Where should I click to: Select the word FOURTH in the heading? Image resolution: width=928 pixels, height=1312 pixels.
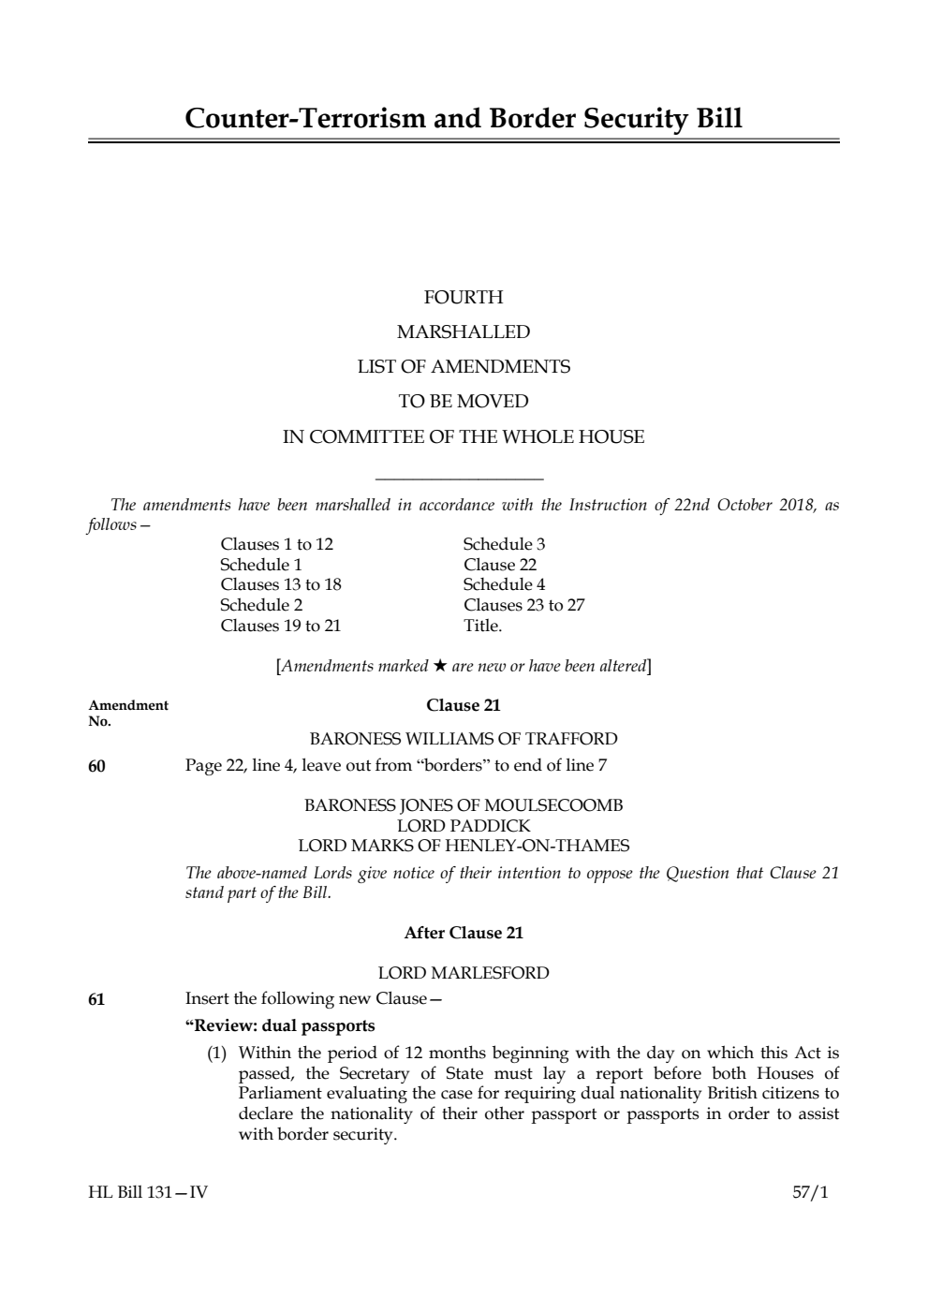[464, 298]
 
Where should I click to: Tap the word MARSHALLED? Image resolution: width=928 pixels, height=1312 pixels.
[464, 332]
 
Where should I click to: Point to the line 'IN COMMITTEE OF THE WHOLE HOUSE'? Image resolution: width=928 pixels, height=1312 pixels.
[464, 437]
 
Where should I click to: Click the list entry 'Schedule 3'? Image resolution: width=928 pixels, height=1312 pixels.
[504, 544]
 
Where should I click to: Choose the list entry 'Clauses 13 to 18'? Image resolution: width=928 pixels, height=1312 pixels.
[280, 584]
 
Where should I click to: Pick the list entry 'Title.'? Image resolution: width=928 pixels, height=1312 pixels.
[482, 626]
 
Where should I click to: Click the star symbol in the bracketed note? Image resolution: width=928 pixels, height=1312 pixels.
[439, 667]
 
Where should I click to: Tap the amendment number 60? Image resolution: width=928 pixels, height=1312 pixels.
[96, 767]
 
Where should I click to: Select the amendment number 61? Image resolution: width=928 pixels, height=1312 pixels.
[96, 999]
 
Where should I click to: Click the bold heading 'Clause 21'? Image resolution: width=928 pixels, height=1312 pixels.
[464, 705]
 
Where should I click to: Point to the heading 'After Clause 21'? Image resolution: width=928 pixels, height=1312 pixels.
[464, 933]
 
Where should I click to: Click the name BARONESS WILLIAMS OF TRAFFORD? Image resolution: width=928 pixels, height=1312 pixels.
[464, 739]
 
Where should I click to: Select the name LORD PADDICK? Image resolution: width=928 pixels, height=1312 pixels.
[464, 826]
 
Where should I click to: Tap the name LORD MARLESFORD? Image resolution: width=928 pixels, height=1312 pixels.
[464, 973]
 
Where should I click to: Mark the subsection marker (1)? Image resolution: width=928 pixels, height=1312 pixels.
[217, 1054]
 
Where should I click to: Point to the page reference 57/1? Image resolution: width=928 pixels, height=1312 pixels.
[810, 1193]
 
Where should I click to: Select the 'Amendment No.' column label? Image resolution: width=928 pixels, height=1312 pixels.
[127, 713]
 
